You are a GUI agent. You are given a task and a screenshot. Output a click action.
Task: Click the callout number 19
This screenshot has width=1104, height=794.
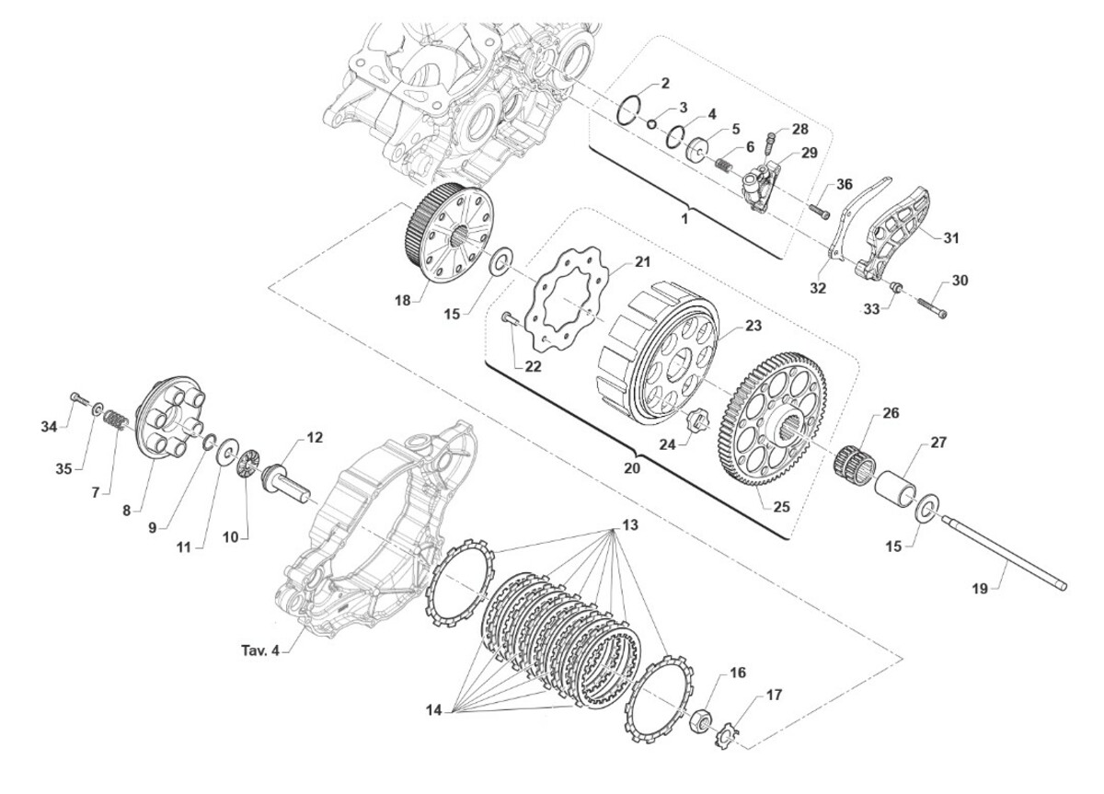tap(980, 589)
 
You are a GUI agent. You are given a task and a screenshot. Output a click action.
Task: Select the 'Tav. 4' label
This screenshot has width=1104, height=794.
tap(260, 650)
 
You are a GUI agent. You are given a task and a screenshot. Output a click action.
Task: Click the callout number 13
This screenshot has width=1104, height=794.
tap(629, 525)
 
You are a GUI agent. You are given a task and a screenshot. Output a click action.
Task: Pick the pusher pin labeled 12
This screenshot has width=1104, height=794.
tap(287, 481)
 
